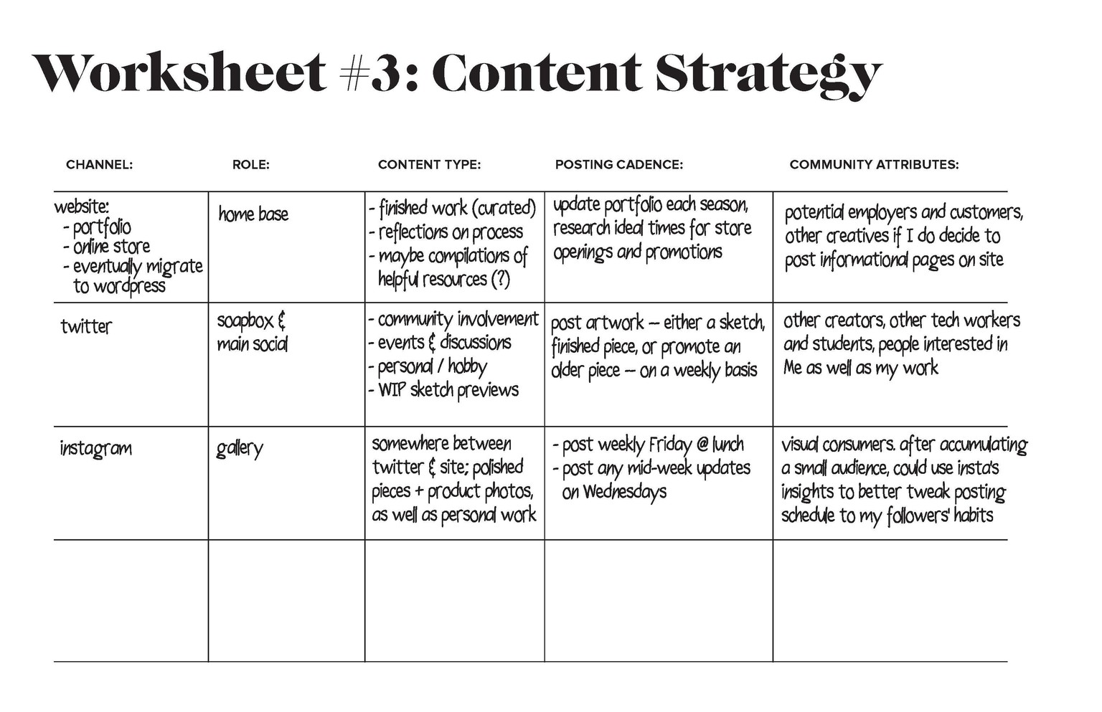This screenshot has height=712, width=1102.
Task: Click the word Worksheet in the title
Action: (179, 72)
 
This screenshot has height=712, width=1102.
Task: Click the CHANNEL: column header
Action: (100, 165)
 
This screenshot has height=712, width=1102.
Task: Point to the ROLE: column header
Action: (251, 165)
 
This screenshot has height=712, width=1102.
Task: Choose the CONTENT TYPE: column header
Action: (429, 165)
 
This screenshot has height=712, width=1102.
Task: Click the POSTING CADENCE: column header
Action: (619, 165)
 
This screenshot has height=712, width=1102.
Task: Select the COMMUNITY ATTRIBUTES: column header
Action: (875, 165)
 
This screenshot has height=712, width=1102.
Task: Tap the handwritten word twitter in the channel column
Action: (86, 326)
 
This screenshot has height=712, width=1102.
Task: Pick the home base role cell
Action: (253, 214)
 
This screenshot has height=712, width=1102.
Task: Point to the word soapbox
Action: (245, 322)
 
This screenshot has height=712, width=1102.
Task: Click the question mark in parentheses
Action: (501, 280)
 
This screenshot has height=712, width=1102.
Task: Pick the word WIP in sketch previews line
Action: (392, 391)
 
